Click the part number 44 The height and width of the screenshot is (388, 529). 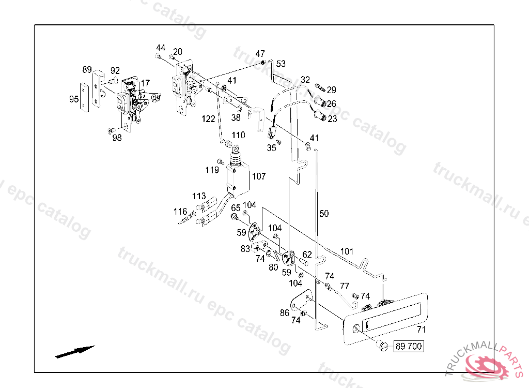click(x=161, y=48)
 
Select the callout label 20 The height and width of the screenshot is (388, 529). click(x=177, y=52)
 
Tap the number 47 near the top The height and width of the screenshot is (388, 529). click(x=260, y=54)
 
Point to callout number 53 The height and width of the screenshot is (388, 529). click(x=281, y=64)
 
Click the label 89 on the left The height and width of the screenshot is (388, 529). click(x=87, y=69)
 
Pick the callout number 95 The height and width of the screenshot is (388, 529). click(x=74, y=99)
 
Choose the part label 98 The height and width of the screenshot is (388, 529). click(x=117, y=137)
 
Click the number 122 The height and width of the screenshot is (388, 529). click(x=208, y=119)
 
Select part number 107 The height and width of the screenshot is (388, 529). click(x=258, y=176)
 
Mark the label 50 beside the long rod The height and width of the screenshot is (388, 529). click(x=324, y=213)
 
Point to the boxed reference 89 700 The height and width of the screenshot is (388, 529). click(x=408, y=346)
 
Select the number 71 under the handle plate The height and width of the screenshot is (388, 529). click(x=422, y=330)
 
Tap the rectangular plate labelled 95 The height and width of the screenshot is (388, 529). click(x=83, y=97)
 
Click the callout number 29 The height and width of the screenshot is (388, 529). click(x=331, y=90)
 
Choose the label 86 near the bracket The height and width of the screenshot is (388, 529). click(x=285, y=312)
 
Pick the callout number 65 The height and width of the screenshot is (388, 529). click(x=236, y=208)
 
